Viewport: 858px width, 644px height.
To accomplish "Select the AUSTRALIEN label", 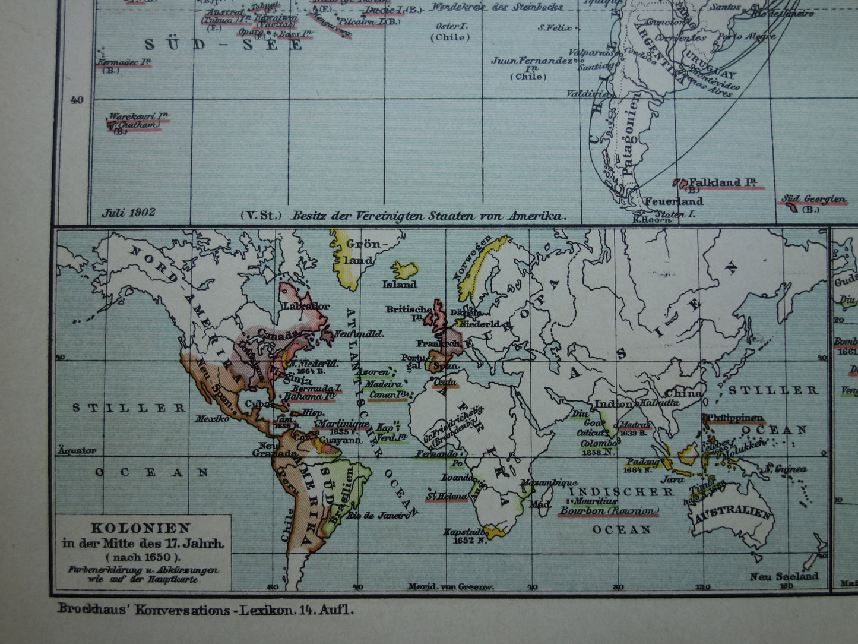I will [732, 516].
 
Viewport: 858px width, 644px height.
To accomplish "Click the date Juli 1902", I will [128, 212].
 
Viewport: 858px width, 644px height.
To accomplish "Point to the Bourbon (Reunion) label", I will [609, 511].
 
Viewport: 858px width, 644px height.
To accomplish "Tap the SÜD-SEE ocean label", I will [224, 45].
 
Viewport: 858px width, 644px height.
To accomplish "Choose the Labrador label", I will [306, 306].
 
